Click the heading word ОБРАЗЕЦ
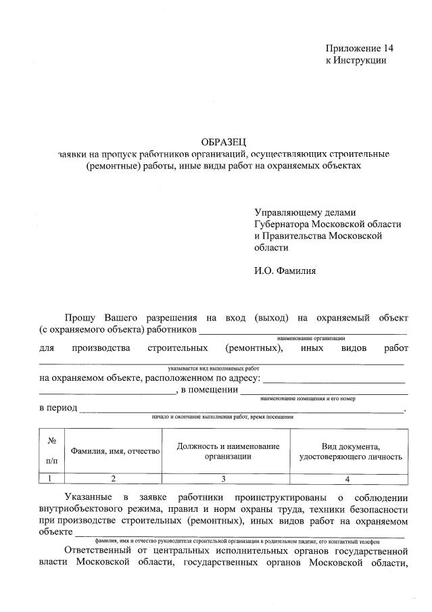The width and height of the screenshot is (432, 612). point(224,141)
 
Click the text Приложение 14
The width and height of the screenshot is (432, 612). point(359,48)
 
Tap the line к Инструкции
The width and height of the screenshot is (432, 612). point(356,60)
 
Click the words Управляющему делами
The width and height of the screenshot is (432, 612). point(305,212)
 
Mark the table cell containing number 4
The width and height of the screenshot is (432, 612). point(347,479)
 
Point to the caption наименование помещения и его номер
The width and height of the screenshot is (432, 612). point(316,399)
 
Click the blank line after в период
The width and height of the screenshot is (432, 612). point(240,409)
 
